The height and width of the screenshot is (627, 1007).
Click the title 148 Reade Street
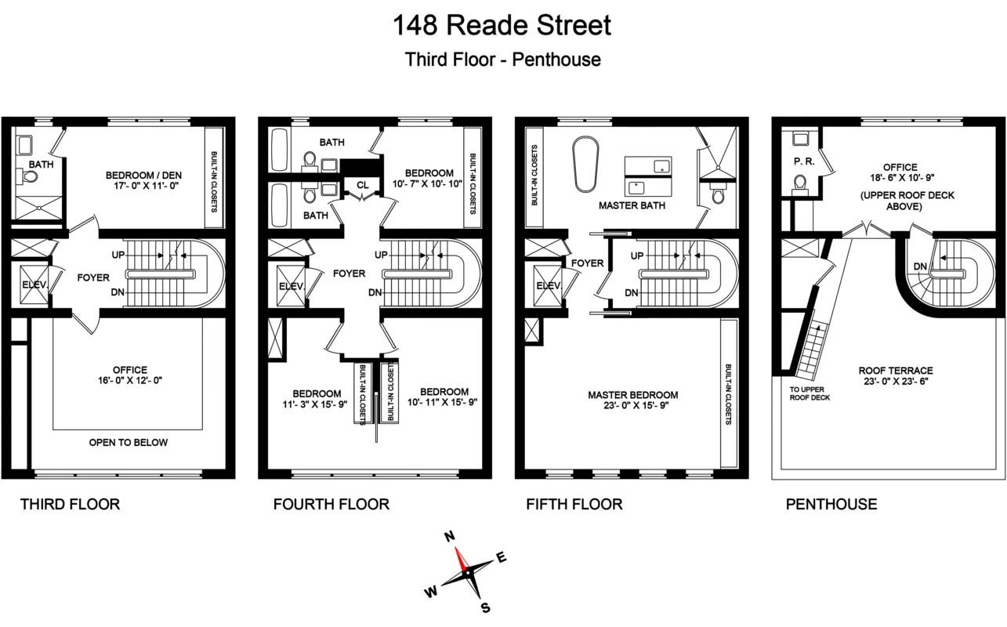click(x=502, y=25)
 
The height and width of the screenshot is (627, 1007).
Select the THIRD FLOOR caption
click(x=70, y=504)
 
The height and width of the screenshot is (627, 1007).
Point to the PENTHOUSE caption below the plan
click(x=831, y=504)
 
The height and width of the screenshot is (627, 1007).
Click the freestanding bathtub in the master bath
click(x=586, y=164)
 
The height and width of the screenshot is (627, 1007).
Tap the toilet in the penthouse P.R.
click(x=799, y=183)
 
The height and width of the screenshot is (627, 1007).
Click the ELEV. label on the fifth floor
click(x=548, y=286)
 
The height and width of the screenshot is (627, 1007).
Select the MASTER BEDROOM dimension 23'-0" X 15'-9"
click(x=632, y=407)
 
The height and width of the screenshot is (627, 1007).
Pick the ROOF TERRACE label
click(x=895, y=371)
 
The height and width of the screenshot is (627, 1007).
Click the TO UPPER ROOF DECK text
click(x=810, y=393)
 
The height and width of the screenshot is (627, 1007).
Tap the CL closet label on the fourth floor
click(x=361, y=186)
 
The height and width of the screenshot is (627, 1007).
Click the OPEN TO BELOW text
click(x=128, y=442)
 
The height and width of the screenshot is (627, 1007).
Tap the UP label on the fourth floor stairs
click(x=382, y=255)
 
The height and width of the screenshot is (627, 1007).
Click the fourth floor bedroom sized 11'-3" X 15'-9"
click(x=317, y=399)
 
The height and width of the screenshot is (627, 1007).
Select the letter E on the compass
click(x=502, y=558)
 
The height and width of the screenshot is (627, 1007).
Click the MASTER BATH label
click(x=632, y=206)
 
